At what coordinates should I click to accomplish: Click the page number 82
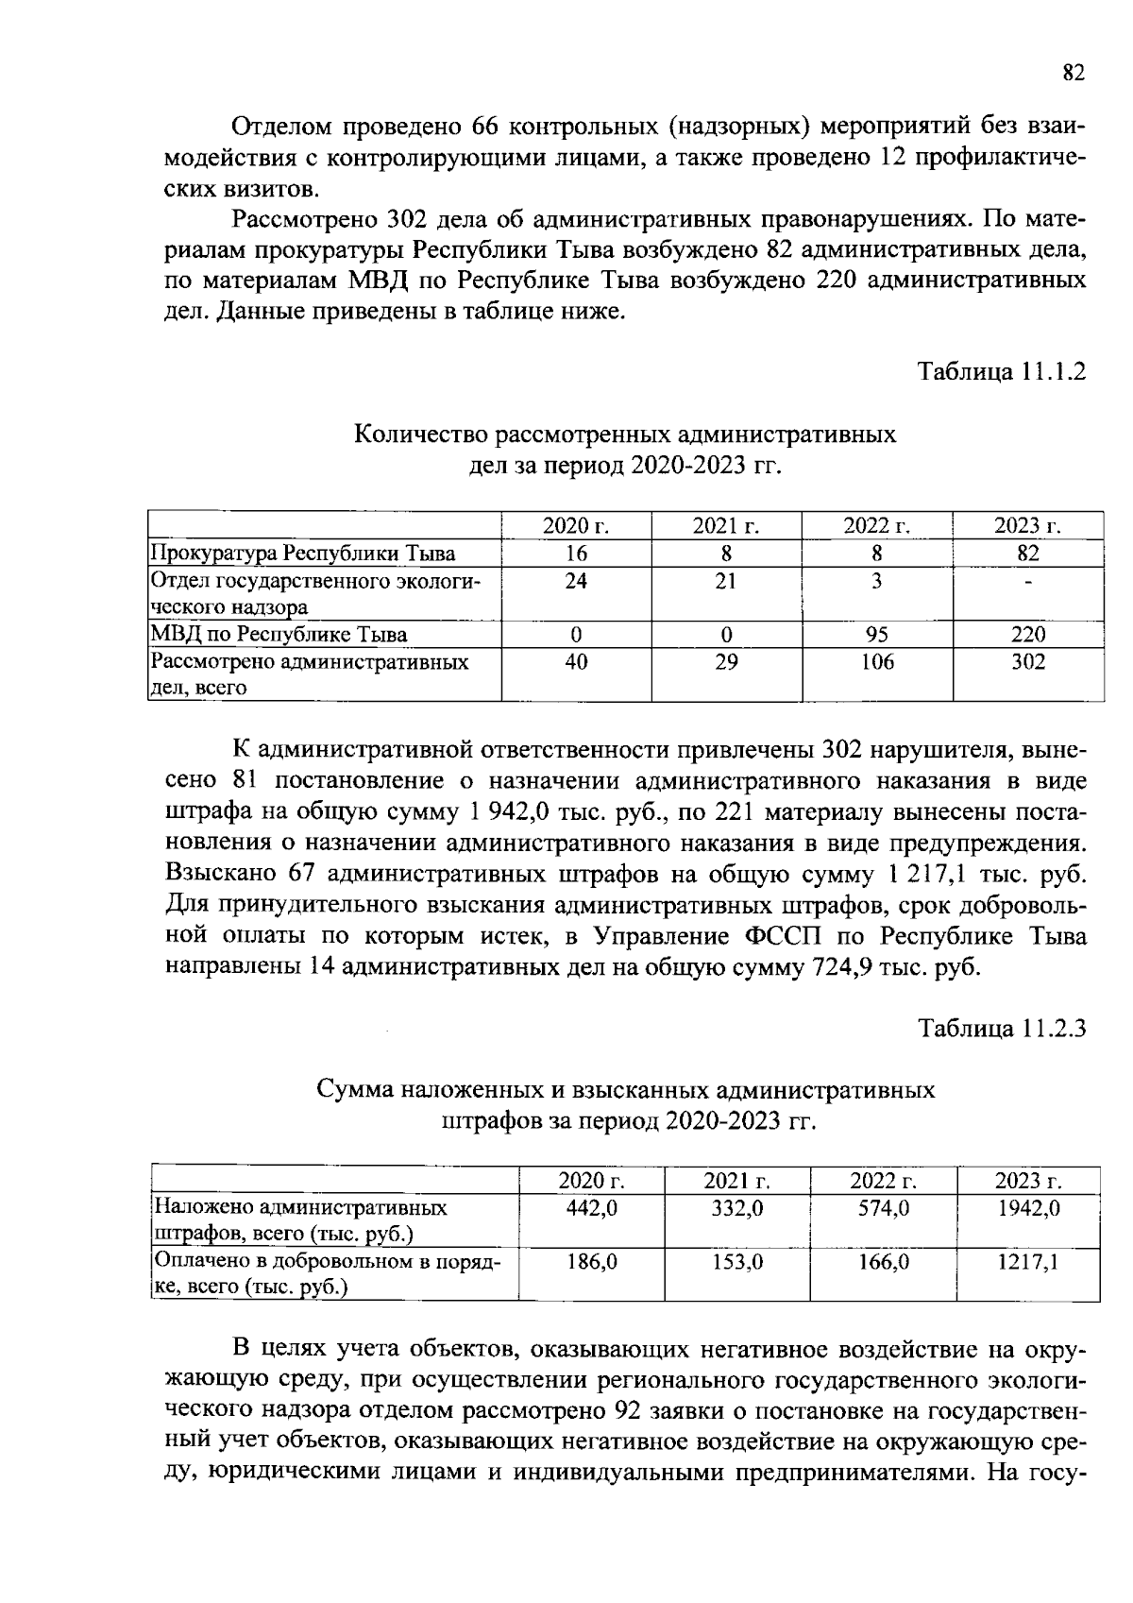click(1074, 74)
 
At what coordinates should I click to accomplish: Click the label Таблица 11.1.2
click(1002, 371)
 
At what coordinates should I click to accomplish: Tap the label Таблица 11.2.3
click(1002, 1027)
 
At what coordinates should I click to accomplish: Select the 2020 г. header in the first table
click(576, 526)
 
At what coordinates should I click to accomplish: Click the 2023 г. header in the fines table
click(1028, 1180)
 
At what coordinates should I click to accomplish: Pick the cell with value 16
click(576, 554)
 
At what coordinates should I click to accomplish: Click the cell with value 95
click(877, 635)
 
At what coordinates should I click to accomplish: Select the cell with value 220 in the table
click(1028, 635)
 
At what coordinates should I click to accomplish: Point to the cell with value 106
click(877, 662)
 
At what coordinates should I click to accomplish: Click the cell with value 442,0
click(592, 1207)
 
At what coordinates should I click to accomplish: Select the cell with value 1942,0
click(1028, 1207)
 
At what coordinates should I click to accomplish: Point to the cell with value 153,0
click(737, 1261)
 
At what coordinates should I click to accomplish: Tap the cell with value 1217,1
click(1028, 1261)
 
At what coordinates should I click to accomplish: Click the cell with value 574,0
click(884, 1207)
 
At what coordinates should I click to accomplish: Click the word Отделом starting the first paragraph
click(280, 126)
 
